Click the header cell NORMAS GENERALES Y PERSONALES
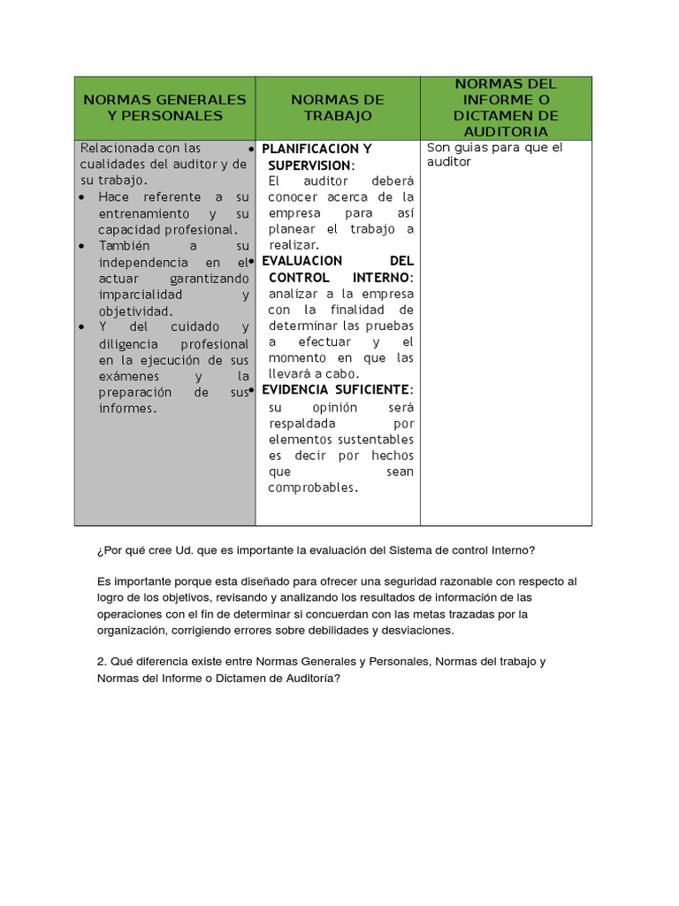click(164, 107)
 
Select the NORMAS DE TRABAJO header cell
click(338, 107)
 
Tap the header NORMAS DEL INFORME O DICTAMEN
click(506, 107)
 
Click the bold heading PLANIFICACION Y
click(317, 149)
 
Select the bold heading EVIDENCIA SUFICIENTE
click(337, 389)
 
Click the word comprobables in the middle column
click(313, 488)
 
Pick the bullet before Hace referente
click(82, 196)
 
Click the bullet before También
click(82, 245)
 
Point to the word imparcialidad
click(140, 294)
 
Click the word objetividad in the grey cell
click(135, 311)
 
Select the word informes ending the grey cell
click(127, 408)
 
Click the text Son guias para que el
click(494, 148)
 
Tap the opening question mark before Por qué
click(100, 549)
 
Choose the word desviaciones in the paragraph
click(414, 630)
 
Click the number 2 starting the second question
click(101, 662)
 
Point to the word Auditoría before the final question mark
click(309, 678)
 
